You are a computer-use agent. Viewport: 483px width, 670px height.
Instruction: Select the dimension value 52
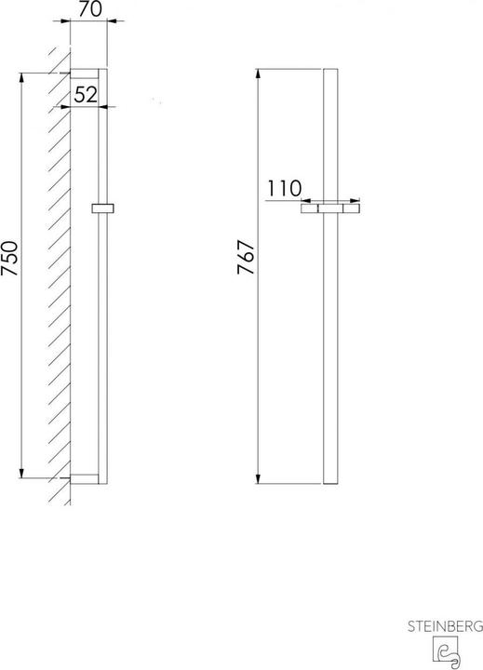[85, 94]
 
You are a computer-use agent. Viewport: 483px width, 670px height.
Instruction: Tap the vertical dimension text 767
[248, 275]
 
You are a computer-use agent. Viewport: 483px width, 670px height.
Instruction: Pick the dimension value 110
[285, 188]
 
